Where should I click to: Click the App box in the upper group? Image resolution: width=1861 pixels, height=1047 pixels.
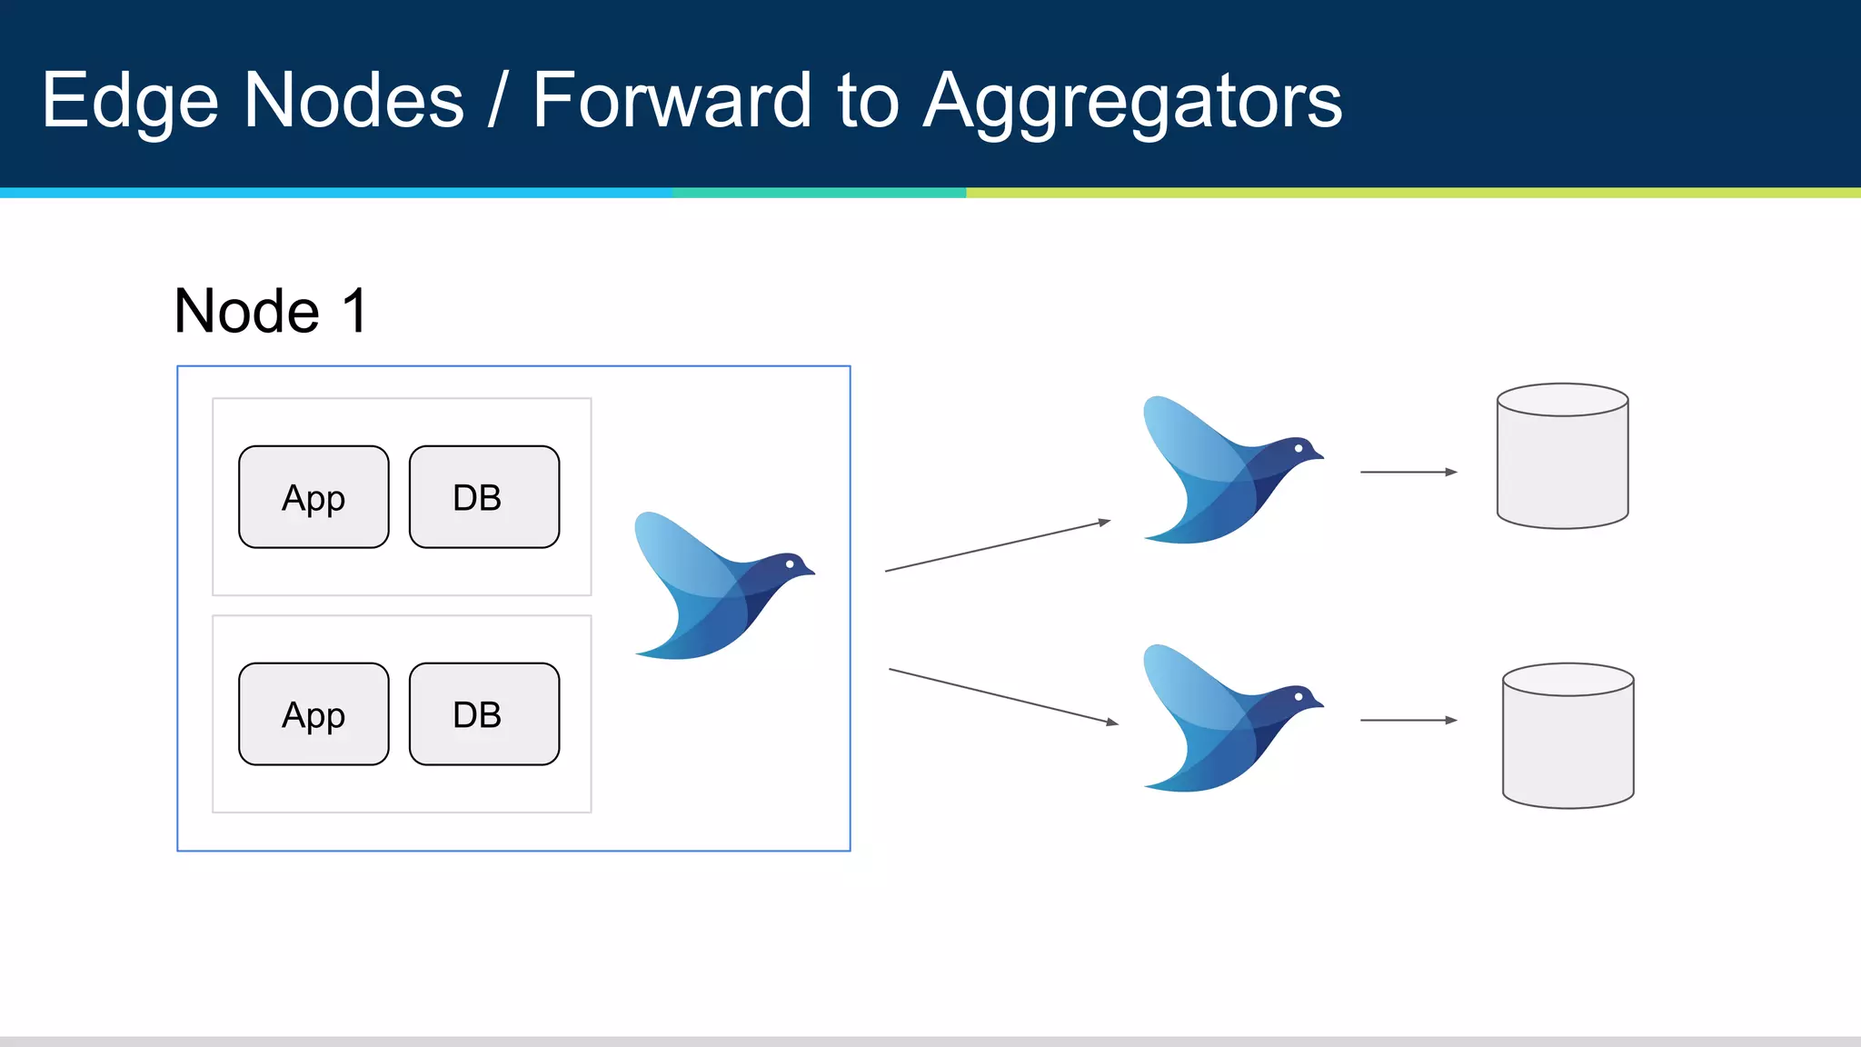pos(313,497)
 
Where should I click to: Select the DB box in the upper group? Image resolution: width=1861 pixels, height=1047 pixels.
pos(483,497)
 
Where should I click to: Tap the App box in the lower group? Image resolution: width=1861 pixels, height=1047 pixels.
pos(313,714)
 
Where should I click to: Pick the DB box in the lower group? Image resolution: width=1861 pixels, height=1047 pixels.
pos(483,714)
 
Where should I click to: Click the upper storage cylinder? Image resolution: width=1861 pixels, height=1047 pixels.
pos(1562,456)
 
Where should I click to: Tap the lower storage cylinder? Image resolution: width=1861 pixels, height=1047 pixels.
pos(1567,736)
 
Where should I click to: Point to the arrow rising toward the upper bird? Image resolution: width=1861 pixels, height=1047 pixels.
pos(998,546)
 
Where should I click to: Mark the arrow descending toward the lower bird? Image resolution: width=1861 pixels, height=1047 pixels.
pos(1003,696)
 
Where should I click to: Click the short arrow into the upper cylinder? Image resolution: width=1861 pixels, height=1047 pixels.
pos(1408,472)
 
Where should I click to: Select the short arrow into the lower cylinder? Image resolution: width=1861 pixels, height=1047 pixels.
pos(1408,720)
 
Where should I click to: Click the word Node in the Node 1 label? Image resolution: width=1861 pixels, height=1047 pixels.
pos(246,312)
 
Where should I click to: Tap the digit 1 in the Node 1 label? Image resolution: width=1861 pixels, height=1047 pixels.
pos(355,312)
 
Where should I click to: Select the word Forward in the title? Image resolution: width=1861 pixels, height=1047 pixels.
pos(671,100)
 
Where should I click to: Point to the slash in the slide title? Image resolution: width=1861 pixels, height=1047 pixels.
pos(497,100)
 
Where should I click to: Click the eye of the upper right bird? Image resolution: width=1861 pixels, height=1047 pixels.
pos(1299,448)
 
